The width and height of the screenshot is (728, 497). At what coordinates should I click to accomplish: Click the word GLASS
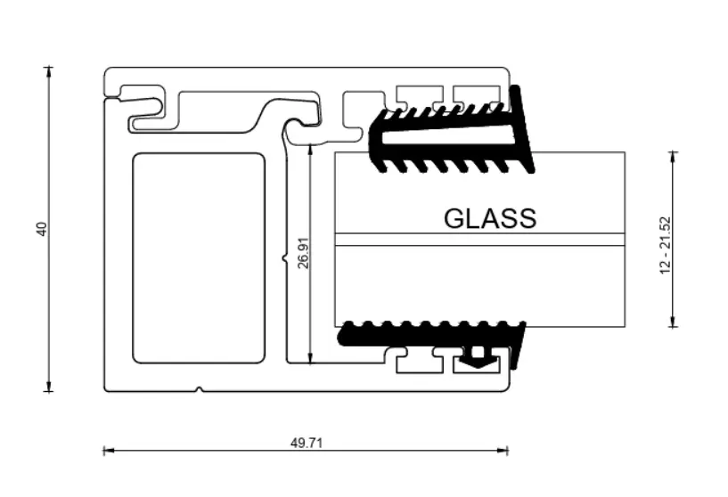coord(490,218)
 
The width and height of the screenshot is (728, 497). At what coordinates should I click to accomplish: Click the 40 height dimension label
coord(42,229)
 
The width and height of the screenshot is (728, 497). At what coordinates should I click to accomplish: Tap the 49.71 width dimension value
coord(307,444)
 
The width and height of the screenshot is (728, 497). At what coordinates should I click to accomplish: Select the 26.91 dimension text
coord(303,253)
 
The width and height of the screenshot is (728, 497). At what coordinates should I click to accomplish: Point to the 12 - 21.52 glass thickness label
coord(666,246)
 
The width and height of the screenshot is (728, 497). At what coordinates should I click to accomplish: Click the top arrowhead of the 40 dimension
coord(49,70)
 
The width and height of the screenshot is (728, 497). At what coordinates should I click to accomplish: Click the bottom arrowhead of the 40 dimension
coord(49,387)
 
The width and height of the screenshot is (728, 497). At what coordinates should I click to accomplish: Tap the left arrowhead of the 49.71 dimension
coord(108,450)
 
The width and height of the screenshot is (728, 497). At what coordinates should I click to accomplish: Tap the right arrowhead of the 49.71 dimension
coord(503,450)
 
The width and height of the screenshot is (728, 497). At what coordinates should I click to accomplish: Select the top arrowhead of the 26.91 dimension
coord(311,149)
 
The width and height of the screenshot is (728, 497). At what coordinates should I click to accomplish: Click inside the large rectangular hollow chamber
coord(199,258)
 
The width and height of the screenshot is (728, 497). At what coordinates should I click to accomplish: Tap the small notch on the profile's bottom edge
coord(199,389)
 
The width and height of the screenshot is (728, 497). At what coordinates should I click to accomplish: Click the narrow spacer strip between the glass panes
coord(479,239)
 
